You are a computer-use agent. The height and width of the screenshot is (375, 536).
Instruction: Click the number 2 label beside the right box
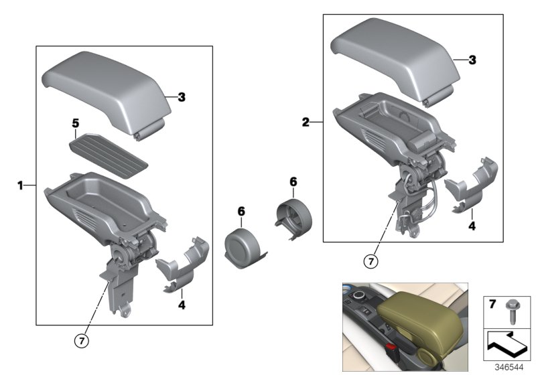click(306, 123)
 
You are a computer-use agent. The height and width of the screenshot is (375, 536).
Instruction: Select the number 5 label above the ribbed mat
click(76, 123)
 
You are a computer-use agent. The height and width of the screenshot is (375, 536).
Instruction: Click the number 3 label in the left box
click(182, 97)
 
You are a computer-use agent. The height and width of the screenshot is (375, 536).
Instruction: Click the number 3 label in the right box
click(472, 60)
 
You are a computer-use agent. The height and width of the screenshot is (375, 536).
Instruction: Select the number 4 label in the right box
click(472, 226)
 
